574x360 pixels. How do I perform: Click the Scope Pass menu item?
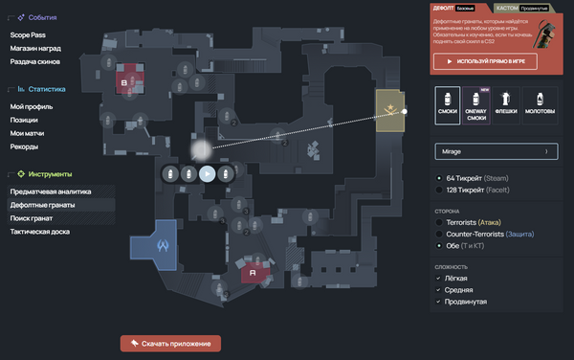tap(29, 34)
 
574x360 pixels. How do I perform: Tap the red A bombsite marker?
tap(254, 273)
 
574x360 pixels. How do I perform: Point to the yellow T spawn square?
tap(390, 112)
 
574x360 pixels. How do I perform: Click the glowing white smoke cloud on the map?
tap(200, 149)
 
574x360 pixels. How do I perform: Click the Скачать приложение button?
tap(171, 343)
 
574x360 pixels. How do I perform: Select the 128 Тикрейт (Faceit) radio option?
tap(439, 191)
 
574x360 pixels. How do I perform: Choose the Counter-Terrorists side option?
tap(439, 234)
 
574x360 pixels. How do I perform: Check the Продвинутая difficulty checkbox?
tap(439, 302)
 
